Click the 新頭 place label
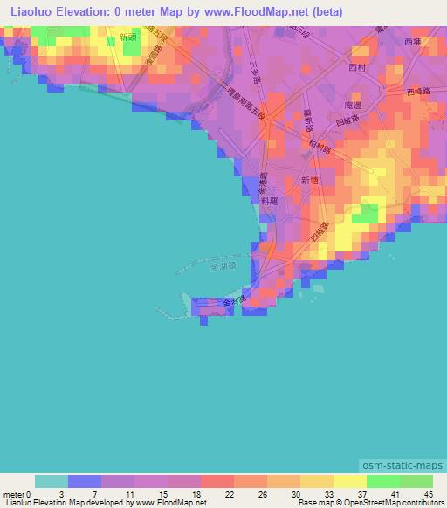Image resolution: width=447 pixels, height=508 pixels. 128,37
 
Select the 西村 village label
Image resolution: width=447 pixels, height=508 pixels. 358,67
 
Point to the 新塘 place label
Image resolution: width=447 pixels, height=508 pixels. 310,179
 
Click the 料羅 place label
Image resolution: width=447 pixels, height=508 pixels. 269,200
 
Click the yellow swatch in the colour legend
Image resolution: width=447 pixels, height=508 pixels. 350,481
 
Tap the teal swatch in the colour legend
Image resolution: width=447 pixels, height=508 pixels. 52,481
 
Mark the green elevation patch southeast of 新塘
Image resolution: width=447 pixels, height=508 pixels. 369,213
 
